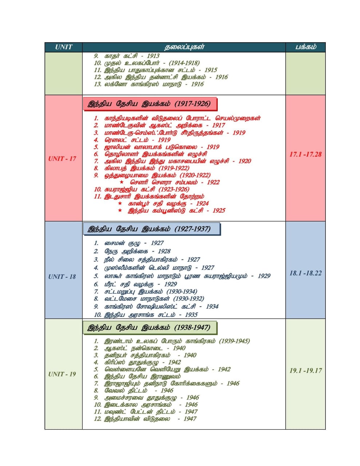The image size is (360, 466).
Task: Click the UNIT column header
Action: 64,47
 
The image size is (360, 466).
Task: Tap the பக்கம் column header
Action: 305,47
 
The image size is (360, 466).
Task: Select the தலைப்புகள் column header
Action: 184,47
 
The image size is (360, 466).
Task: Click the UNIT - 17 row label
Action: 62,159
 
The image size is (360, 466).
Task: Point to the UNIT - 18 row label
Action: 62,277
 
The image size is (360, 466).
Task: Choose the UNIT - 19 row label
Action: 62,374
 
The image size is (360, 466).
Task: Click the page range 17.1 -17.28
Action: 305,154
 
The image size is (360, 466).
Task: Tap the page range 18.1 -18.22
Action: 305,273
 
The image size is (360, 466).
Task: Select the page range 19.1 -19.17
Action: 305,371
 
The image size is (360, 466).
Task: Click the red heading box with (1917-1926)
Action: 150,104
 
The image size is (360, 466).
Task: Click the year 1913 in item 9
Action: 153,56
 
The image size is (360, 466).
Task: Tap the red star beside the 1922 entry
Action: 122,182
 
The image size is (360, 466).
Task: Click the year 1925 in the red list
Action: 219,210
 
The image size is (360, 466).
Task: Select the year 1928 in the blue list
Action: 164,251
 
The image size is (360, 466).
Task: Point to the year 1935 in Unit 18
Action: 191,315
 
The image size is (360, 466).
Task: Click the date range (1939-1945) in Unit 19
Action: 234,341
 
